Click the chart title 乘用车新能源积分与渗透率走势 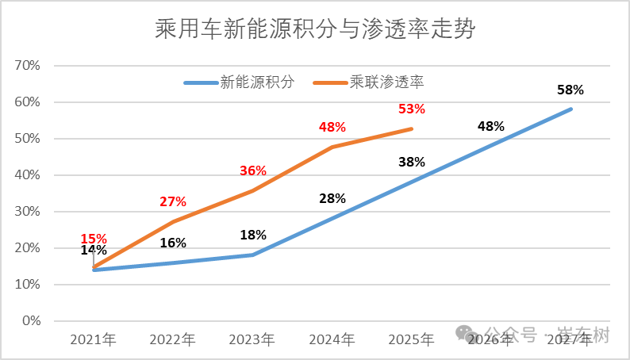click(316, 29)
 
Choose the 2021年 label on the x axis click(93, 339)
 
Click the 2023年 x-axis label click(252, 339)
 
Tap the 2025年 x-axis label click(411, 339)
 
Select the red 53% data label click(412, 109)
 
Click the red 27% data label click(172, 201)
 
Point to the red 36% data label click(252, 171)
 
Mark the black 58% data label click(570, 90)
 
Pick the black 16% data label click(172, 243)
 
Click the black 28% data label click(332, 198)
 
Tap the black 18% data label click(252, 235)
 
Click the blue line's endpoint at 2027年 click(570, 109)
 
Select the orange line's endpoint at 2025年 click(412, 128)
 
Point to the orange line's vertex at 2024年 click(332, 147)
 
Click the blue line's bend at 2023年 click(252, 255)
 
